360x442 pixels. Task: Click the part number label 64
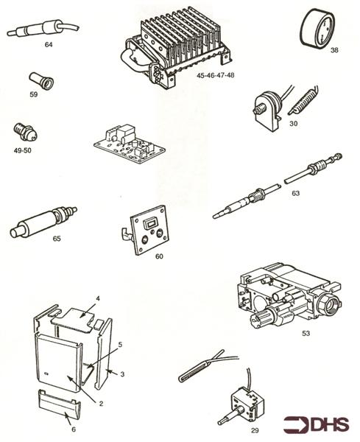(x=49, y=44)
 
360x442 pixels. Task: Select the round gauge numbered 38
(x=317, y=28)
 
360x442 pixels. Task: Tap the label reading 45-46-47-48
(x=216, y=75)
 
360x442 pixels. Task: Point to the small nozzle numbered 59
(x=42, y=80)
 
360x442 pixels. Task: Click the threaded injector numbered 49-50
(x=25, y=132)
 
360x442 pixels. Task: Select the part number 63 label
(x=295, y=193)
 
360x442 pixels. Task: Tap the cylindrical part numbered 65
(x=43, y=222)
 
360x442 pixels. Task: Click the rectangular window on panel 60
(x=149, y=225)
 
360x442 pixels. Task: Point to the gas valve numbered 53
(x=290, y=295)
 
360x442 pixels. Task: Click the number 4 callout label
(x=98, y=298)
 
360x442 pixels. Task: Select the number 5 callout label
(x=120, y=345)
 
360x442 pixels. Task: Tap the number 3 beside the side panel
(x=122, y=374)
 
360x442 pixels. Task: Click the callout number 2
(x=101, y=404)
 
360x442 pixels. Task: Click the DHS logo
(x=316, y=424)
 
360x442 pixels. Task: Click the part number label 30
(x=293, y=124)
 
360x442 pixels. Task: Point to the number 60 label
(x=159, y=256)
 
